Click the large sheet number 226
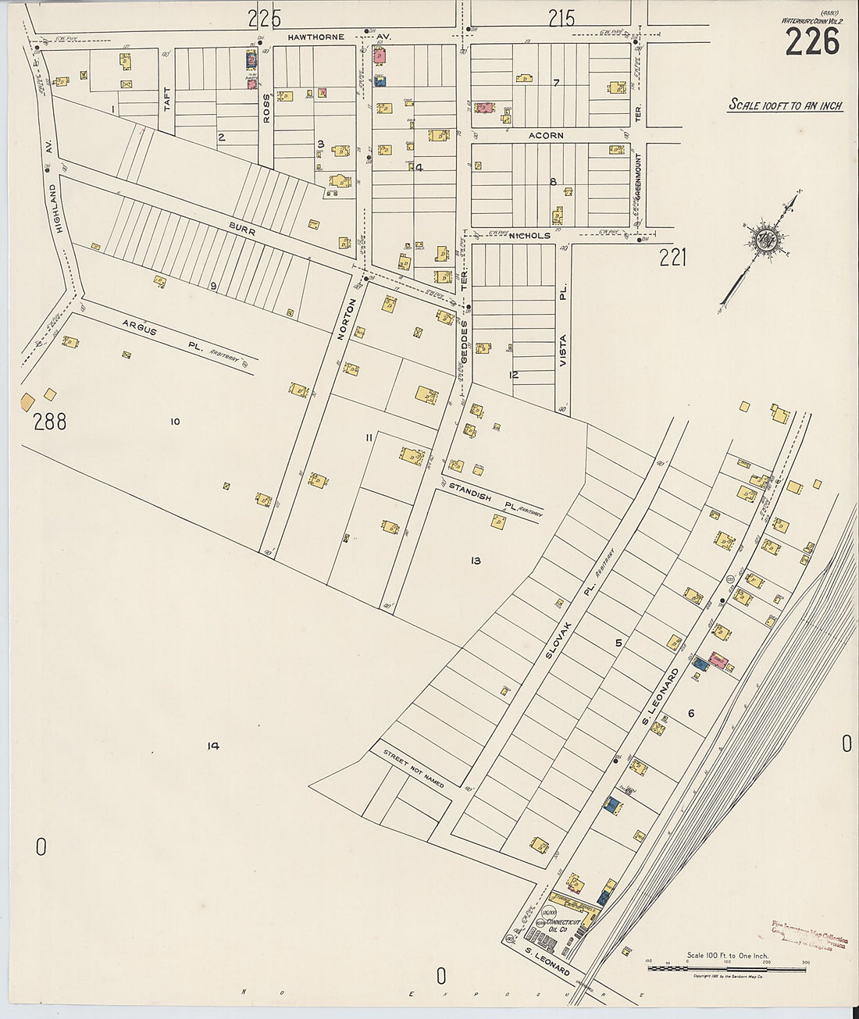812,41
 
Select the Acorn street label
545,136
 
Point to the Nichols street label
531,235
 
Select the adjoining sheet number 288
49,422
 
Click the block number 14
212,746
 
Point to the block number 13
476,561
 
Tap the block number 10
174,422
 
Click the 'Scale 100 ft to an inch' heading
786,105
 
